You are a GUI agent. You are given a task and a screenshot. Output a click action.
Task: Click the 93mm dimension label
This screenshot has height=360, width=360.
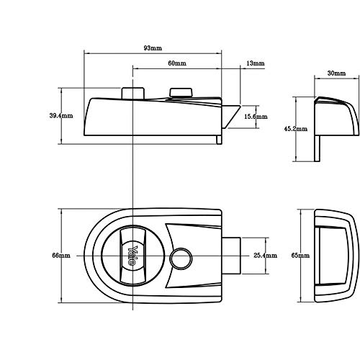tap(153, 48)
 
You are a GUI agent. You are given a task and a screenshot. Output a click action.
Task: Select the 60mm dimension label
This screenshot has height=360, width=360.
tap(177, 63)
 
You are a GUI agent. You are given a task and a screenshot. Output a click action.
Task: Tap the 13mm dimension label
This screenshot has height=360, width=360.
tap(256, 63)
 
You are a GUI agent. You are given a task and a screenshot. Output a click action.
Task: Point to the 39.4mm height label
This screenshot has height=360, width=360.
tap(61, 116)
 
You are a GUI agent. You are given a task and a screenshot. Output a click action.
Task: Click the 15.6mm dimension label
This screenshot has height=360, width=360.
tap(256, 117)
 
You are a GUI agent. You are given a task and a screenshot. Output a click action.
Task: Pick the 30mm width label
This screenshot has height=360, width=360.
tap(337, 73)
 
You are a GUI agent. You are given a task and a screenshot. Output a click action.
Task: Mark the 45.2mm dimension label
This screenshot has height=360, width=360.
tap(296, 129)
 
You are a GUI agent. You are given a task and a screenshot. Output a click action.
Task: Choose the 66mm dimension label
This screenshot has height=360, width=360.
tap(61, 255)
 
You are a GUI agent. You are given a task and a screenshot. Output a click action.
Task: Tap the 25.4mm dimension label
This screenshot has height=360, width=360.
tap(266, 256)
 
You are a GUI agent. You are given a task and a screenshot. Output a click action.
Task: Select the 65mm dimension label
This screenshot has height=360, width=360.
tap(300, 256)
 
